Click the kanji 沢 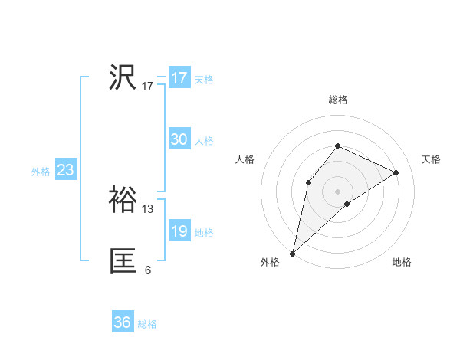pos(123,77)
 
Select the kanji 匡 pos(123,261)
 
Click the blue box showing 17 pos(179,78)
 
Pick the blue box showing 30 pos(179,139)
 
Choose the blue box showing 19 pos(179,231)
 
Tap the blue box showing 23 pos(65,170)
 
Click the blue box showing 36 pos(122,322)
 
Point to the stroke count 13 pos(148,208)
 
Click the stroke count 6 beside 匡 pos(148,270)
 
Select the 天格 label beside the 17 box pos(204,80)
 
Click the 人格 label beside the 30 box pos(204,141)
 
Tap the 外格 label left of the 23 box pos(41,172)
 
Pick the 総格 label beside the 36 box pos(147,324)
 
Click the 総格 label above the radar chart pos(337,100)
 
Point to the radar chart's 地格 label pos(402,262)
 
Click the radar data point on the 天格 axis pos(396,172)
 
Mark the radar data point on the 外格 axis pos(293,254)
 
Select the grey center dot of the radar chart pos(337,191)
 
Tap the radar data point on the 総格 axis pos(337,146)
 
